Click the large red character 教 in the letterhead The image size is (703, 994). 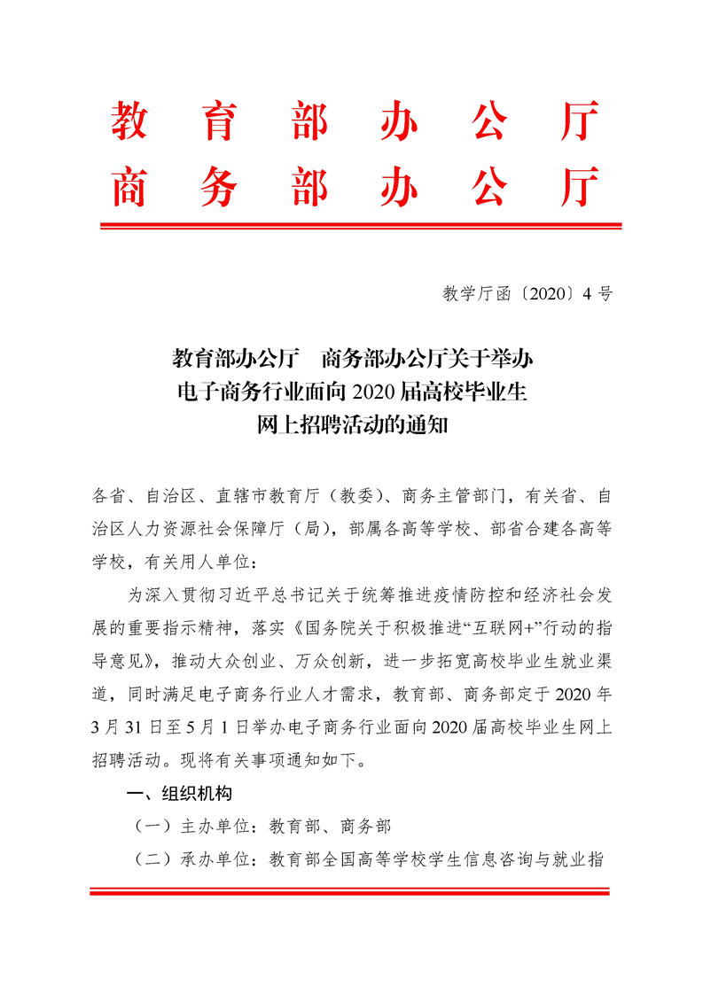click(x=129, y=120)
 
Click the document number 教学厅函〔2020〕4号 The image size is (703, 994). click(x=527, y=295)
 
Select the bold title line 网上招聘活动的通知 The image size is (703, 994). click(x=354, y=425)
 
